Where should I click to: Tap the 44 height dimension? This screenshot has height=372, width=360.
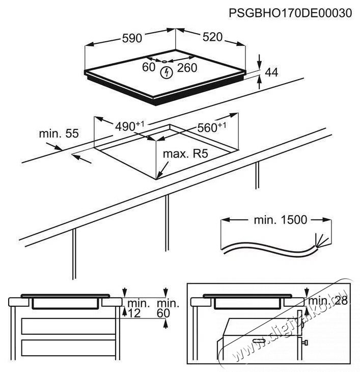pos(272,73)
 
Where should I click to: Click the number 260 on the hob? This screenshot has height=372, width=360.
pos(187,68)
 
